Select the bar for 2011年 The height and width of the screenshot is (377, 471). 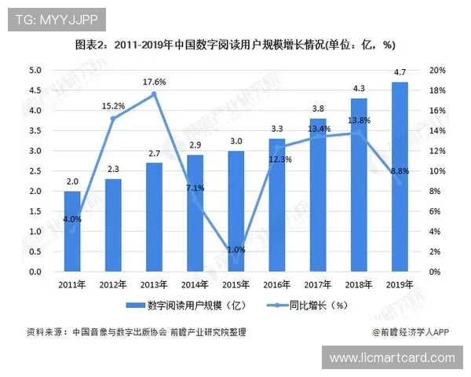click(72, 232)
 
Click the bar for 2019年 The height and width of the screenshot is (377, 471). click(400, 177)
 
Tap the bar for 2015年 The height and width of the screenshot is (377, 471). click(236, 211)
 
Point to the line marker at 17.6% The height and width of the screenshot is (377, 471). click(154, 94)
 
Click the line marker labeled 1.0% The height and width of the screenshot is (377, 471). click(236, 262)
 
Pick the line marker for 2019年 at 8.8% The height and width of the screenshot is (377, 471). click(400, 183)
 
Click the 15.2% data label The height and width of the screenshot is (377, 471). click(113, 105)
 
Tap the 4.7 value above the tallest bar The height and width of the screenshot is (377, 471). click(400, 72)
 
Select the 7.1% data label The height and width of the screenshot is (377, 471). click(195, 188)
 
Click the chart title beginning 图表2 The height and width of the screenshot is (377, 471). click(235, 45)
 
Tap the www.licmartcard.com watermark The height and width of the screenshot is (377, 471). click(392, 358)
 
